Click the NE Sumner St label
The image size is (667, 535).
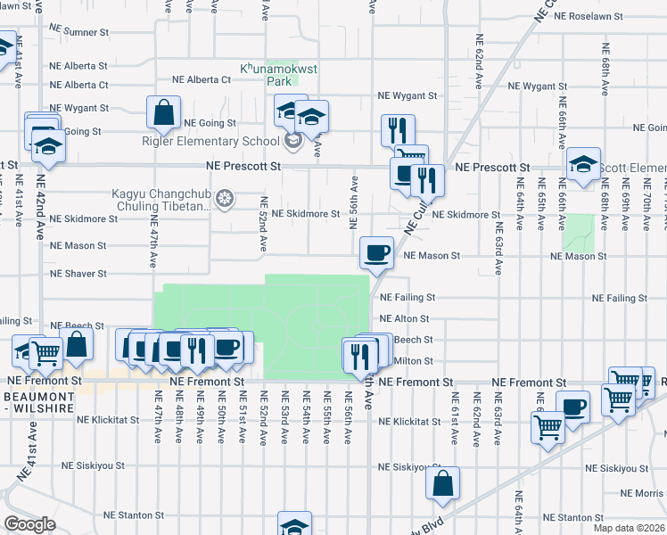pos(78,32)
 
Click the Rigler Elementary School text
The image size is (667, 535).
pos(210,140)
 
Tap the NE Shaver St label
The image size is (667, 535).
pos(78,274)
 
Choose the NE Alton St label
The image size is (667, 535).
pos(406,318)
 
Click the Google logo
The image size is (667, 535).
pos(29,524)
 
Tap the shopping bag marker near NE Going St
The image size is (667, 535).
pos(164,113)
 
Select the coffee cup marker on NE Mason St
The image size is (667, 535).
pos(376,251)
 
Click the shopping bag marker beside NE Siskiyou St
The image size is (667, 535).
pos(442,483)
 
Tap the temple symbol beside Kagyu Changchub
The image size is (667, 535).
pos(225,196)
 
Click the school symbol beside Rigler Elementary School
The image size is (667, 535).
pos(293,140)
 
